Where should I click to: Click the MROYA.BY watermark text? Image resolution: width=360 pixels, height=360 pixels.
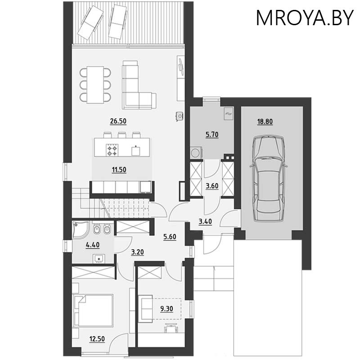(x=305, y=18)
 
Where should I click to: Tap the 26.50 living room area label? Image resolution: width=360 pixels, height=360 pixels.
(x=118, y=121)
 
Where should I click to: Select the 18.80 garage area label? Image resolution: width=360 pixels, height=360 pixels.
(x=265, y=121)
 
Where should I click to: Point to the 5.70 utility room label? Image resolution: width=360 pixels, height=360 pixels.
(x=212, y=134)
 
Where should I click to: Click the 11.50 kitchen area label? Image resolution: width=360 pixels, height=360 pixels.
(x=119, y=170)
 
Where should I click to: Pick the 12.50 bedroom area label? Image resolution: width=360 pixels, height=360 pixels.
(x=97, y=339)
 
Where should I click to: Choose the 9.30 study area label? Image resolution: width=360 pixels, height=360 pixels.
(x=166, y=309)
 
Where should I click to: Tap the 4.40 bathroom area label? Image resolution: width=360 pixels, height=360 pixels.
(x=93, y=245)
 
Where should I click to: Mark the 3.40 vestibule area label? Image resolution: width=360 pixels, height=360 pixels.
(x=205, y=221)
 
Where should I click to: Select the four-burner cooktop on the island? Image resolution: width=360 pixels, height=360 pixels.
(x=112, y=150)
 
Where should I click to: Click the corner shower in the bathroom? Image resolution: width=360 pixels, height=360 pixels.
(x=80, y=229)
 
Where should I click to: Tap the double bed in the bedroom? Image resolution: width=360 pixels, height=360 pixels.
(x=93, y=310)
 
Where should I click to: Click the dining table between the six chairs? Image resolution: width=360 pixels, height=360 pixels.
(x=95, y=85)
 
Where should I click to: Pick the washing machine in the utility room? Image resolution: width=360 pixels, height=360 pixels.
(x=196, y=153)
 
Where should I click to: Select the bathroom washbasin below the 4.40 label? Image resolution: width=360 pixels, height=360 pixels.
(x=99, y=259)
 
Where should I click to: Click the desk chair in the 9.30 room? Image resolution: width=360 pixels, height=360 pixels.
(x=171, y=328)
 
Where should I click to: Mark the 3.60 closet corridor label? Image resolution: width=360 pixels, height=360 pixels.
(x=212, y=186)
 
